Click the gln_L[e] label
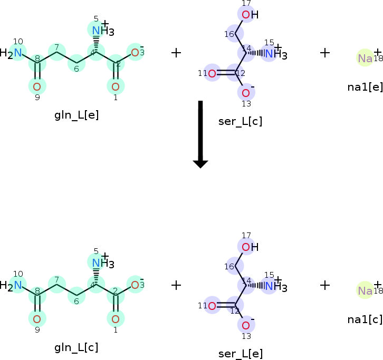tap(76, 115)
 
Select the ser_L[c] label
tap(240, 121)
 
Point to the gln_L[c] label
tap(76, 347)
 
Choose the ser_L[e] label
tap(240, 354)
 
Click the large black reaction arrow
tap(200, 134)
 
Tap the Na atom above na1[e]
tap(365, 58)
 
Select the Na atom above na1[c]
tap(365, 290)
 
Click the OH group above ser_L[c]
tap(250, 14)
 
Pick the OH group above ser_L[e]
tap(250, 247)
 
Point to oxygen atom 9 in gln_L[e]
tap(37, 86)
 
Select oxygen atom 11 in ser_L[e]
tap(212, 306)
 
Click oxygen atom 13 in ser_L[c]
tap(246, 93)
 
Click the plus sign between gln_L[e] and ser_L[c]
tap(176, 53)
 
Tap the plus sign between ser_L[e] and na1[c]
tap(325, 285)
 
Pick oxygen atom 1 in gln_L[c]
tap(116, 318)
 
